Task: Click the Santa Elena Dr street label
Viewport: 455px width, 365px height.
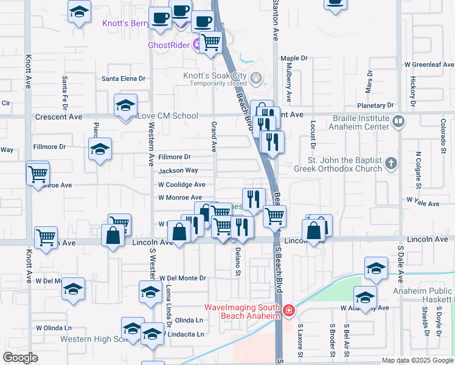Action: [x=123, y=78]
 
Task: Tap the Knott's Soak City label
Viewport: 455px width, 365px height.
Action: [x=215, y=76]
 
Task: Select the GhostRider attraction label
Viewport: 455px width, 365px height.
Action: [x=169, y=45]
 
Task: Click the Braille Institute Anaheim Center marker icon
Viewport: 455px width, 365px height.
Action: [x=398, y=122]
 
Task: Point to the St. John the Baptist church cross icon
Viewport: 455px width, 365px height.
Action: [x=391, y=163]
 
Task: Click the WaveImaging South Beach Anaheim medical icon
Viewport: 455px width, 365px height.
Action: [x=288, y=312]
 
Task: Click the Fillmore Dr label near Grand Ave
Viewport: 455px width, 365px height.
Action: [x=175, y=157]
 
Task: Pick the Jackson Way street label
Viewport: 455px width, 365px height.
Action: [x=178, y=171]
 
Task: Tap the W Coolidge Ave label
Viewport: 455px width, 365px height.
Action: [x=181, y=184]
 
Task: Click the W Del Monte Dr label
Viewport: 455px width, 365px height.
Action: [x=182, y=278]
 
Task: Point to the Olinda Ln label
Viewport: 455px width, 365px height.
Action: [x=189, y=320]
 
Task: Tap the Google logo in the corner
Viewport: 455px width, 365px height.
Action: [x=20, y=358]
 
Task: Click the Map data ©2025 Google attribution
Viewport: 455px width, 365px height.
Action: [x=417, y=360]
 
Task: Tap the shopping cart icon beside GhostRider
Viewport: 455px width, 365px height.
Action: [x=210, y=43]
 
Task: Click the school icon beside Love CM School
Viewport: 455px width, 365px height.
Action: [x=125, y=106]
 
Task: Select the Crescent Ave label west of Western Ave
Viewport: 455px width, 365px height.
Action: [x=58, y=116]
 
